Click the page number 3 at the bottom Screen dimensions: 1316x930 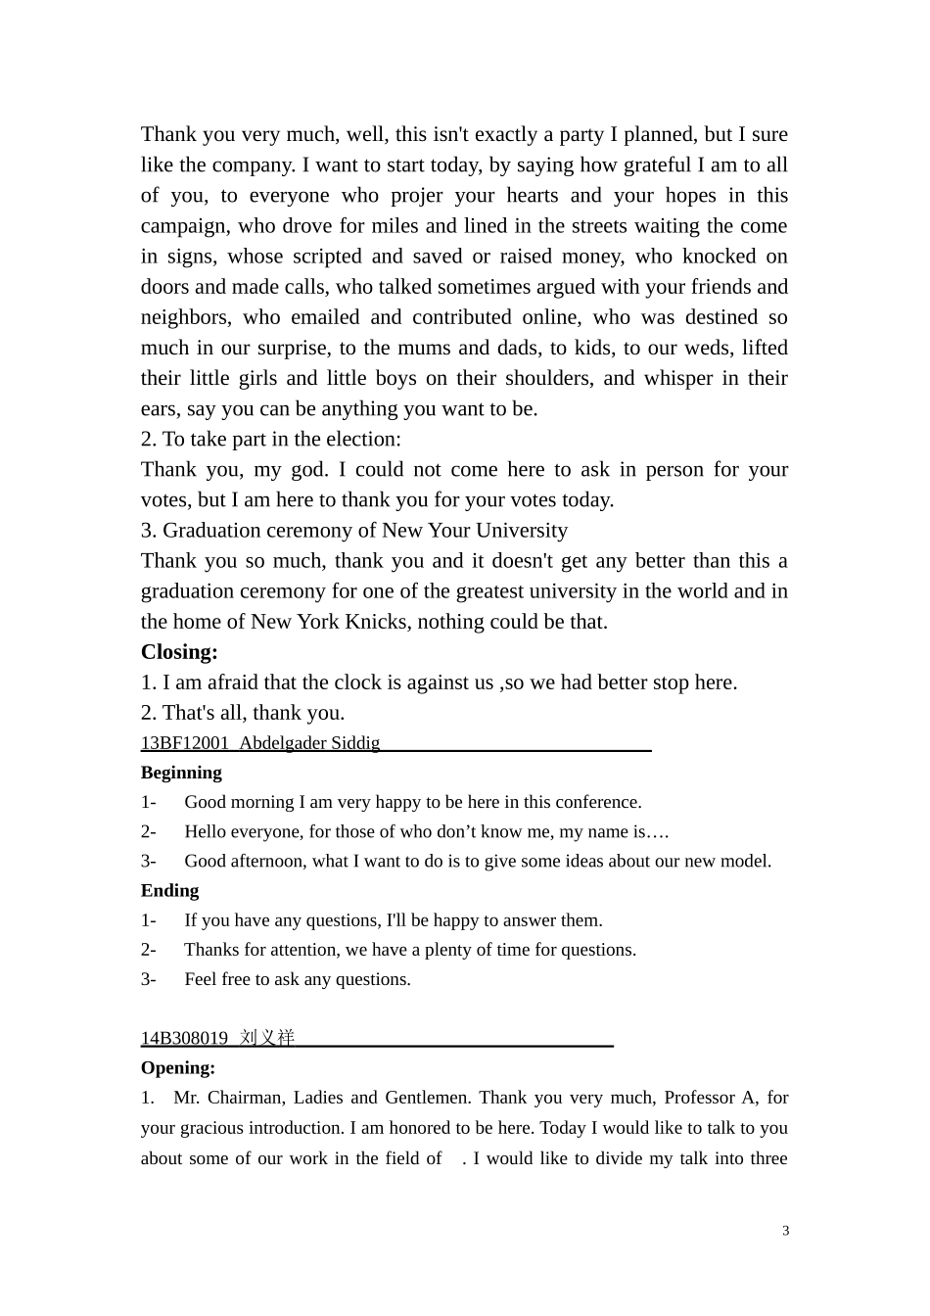click(785, 1231)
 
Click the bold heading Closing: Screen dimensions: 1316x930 click(179, 652)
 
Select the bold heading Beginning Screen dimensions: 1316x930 click(181, 773)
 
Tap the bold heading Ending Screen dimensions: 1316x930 click(169, 890)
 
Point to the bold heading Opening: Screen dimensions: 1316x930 click(178, 1067)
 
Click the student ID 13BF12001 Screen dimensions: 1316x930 click(185, 743)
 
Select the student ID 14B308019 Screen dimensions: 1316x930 click(184, 1038)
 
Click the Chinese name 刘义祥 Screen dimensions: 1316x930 click(266, 1038)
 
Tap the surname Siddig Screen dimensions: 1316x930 click(355, 743)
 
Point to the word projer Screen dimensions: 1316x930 click(416, 195)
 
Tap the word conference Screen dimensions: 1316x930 click(596, 802)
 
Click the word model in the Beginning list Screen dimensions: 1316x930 click(747, 862)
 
